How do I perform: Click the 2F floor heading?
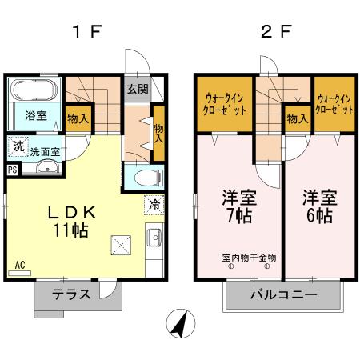click(269, 34)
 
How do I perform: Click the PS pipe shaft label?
click(12, 170)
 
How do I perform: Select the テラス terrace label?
click(71, 294)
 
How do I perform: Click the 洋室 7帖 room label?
click(237, 206)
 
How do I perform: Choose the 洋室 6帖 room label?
click(318, 206)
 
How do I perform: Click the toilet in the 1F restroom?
click(145, 176)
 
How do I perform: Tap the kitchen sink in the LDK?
click(154, 238)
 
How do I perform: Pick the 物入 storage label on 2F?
click(297, 118)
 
